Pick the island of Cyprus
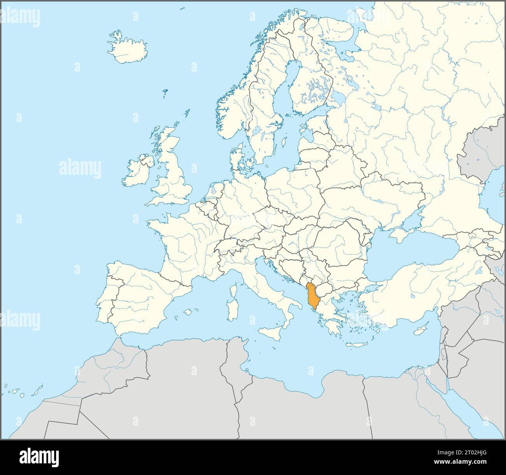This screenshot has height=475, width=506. tap(418, 330)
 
